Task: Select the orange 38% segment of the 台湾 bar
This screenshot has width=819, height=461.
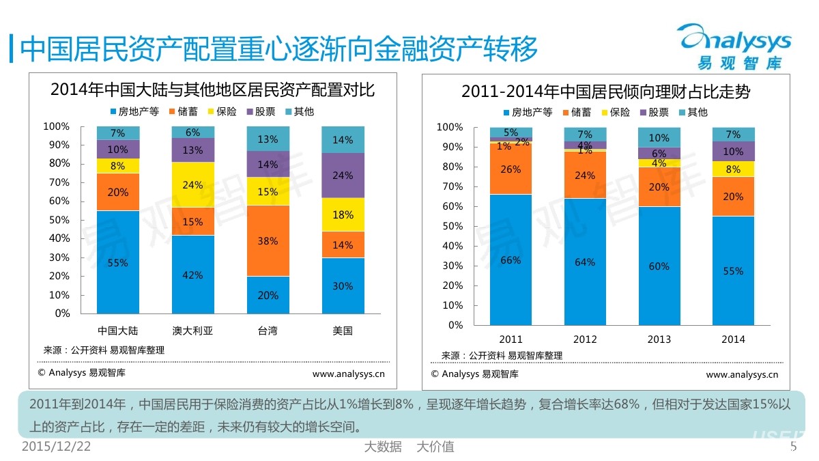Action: [x=268, y=240]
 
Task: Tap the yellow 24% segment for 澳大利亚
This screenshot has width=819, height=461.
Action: [x=192, y=184]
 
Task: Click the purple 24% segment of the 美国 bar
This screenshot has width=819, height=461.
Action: [x=343, y=175]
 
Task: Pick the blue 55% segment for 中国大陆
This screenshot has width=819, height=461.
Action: [x=117, y=262]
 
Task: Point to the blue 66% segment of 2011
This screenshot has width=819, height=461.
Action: [x=511, y=260]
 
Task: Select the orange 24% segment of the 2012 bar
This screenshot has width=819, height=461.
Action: [x=585, y=174]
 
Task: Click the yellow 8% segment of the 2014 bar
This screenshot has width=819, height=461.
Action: [x=733, y=169]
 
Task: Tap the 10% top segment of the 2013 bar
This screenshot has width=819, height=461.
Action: [x=659, y=138]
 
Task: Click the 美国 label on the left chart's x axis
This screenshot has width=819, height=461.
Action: [x=343, y=331]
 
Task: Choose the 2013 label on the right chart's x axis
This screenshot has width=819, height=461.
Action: [x=659, y=339]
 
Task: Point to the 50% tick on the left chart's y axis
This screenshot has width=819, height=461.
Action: [x=57, y=220]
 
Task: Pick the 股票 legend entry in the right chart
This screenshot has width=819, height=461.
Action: [x=653, y=112]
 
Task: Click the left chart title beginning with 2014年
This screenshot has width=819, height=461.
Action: [x=213, y=89]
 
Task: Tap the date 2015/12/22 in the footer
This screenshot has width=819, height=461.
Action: [x=56, y=447]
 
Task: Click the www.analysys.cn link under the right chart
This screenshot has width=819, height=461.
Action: [x=742, y=374]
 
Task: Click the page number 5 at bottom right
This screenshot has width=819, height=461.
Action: [x=793, y=447]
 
